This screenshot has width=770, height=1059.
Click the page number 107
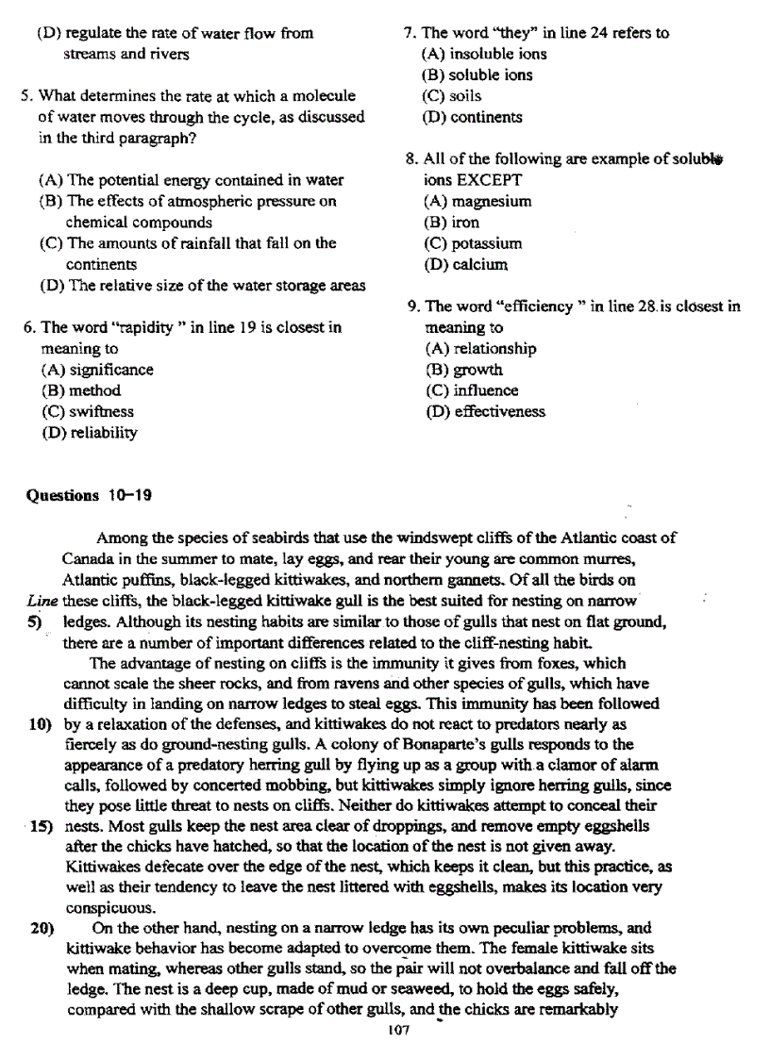tap(397, 1031)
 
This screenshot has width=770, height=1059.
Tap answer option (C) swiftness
tap(88, 412)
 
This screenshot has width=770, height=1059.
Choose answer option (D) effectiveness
tap(485, 412)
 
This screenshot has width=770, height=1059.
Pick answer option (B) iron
tap(451, 223)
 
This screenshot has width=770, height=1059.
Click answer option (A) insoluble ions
tap(484, 54)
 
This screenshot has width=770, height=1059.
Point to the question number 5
tap(27, 96)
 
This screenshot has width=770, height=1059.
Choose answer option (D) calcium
tap(466, 265)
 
